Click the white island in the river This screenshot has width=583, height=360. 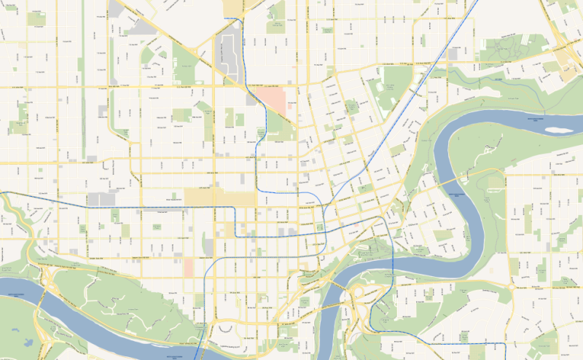coord(557,129)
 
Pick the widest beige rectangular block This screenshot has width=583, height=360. coord(219,197)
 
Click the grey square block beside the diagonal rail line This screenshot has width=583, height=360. coord(453,54)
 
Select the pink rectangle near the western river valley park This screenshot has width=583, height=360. coord(189,267)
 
